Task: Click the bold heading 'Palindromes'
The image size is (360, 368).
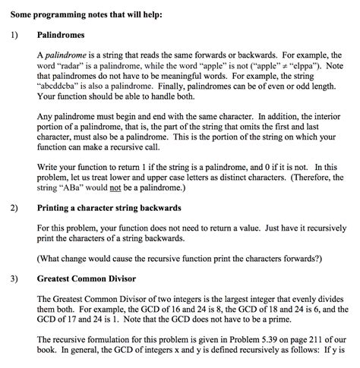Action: pos(64,35)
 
